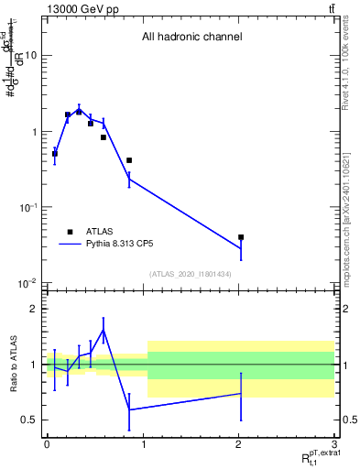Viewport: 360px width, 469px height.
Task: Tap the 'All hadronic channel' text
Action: pyautogui.click(x=191, y=38)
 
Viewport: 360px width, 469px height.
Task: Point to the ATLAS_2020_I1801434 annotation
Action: pyautogui.click(x=190, y=274)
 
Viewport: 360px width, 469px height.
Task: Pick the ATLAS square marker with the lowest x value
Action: pyautogui.click(x=55, y=154)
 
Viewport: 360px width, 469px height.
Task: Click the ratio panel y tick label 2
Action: pyautogui.click(x=35, y=309)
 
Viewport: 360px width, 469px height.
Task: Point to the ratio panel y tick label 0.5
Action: pyautogui.click(x=30, y=420)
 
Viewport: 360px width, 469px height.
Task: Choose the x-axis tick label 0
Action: pyautogui.click(x=46, y=444)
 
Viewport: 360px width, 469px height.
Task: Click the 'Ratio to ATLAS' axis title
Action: pyautogui.click(x=12, y=364)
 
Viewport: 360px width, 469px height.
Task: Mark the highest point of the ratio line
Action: pyautogui.click(x=103, y=330)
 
